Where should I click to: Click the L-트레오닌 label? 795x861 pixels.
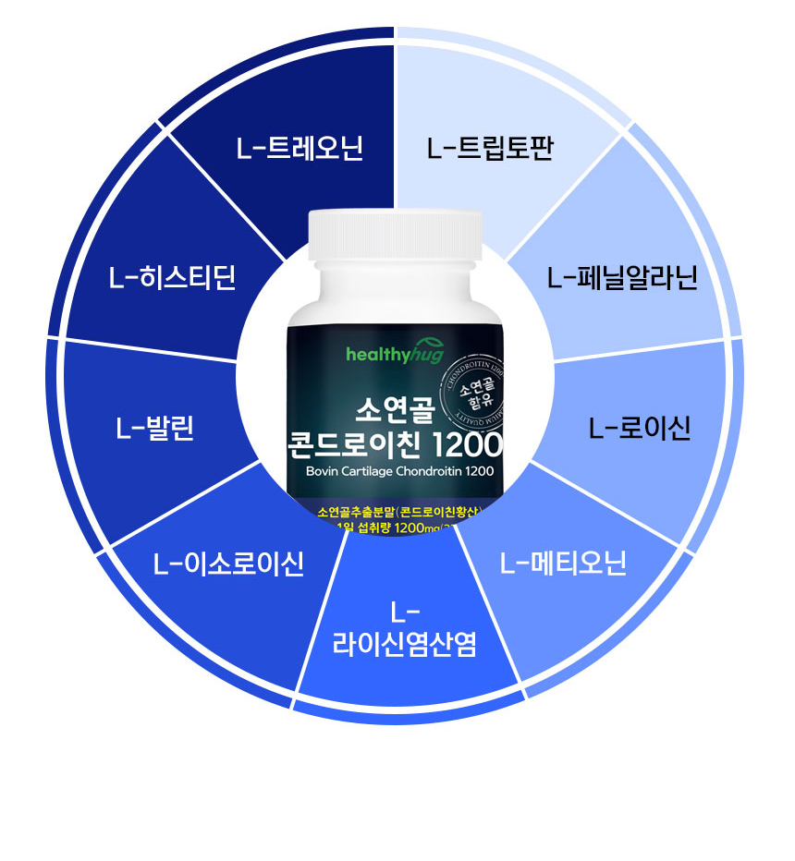coord(300,149)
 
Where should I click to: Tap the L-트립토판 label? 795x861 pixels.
coord(490,148)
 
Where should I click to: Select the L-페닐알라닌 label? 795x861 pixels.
coord(621,277)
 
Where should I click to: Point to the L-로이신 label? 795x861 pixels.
coord(640,429)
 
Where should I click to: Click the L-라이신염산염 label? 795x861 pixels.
coord(405,629)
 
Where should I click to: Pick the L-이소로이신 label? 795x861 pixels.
coord(229,563)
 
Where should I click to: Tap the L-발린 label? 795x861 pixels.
coord(155,429)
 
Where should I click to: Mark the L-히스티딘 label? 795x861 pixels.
coord(172,277)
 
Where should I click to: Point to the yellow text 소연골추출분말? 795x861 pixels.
coord(355,511)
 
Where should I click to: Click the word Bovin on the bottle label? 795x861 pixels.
coord(324,471)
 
